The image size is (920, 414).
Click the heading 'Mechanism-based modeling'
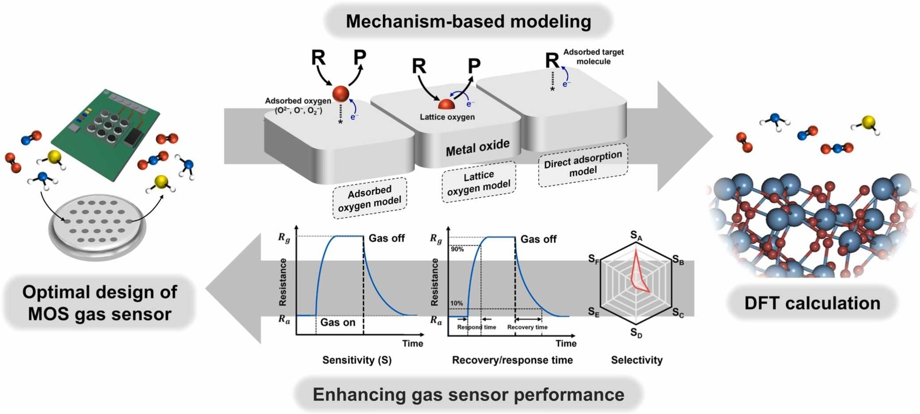pyautogui.click(x=468, y=21)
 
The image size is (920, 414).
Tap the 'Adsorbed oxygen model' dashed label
pyautogui.click(x=369, y=198)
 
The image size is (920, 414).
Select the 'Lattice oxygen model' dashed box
pyautogui.click(x=478, y=182)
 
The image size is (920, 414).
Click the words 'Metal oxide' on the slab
pyautogui.click(x=478, y=148)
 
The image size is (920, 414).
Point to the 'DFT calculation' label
pyautogui.click(x=812, y=303)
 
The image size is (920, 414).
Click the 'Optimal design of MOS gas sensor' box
pyautogui.click(x=100, y=303)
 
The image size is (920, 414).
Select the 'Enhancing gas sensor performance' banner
pyautogui.click(x=468, y=394)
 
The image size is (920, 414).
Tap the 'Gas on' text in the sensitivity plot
pyautogui.click(x=338, y=322)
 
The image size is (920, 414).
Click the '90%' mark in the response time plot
pyautogui.click(x=457, y=250)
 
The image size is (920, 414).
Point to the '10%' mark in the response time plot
pyautogui.click(x=456, y=303)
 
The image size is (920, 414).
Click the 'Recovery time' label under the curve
pyautogui.click(x=527, y=327)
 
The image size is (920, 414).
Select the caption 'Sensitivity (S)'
pyautogui.click(x=357, y=360)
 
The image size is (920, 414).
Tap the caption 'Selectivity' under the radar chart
pyautogui.click(x=637, y=360)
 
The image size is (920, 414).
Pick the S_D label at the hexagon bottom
pyautogui.click(x=636, y=333)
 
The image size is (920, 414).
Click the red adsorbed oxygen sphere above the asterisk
pyautogui.click(x=341, y=93)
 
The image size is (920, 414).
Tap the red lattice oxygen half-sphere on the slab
pyautogui.click(x=446, y=105)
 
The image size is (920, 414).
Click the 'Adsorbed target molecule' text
pyautogui.click(x=593, y=57)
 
